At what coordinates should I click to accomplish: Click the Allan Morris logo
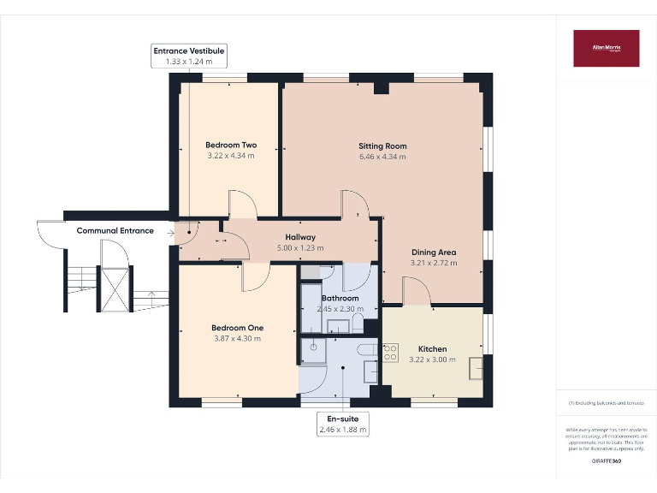(606, 48)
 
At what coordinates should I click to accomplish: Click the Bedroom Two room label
(231, 145)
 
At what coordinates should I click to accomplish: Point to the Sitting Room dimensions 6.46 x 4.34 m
(382, 157)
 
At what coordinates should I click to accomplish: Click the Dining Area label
(434, 252)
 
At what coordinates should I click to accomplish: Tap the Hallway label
(300, 237)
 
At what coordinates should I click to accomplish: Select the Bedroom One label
(237, 328)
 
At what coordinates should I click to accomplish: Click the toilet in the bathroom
(358, 324)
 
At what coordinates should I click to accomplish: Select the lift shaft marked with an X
(114, 288)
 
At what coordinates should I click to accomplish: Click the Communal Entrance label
(115, 230)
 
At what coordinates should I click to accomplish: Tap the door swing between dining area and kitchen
(417, 293)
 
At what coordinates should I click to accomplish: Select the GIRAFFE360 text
(606, 461)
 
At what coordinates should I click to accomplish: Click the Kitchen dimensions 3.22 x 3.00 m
(432, 360)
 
